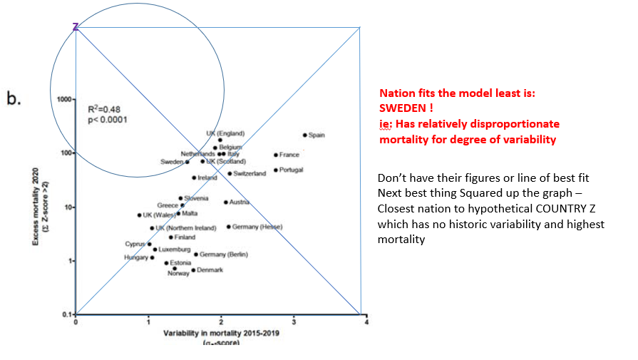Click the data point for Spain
click(x=305, y=135)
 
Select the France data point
click(x=276, y=155)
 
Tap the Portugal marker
click(x=276, y=170)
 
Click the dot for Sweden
click(x=187, y=162)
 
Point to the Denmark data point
click(x=193, y=270)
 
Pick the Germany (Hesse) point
click(x=229, y=227)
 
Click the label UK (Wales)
click(x=158, y=215)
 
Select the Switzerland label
click(x=249, y=174)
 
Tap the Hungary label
click(x=135, y=257)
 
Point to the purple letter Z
click(x=76, y=27)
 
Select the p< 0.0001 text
click(x=106, y=119)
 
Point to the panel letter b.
click(x=14, y=98)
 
